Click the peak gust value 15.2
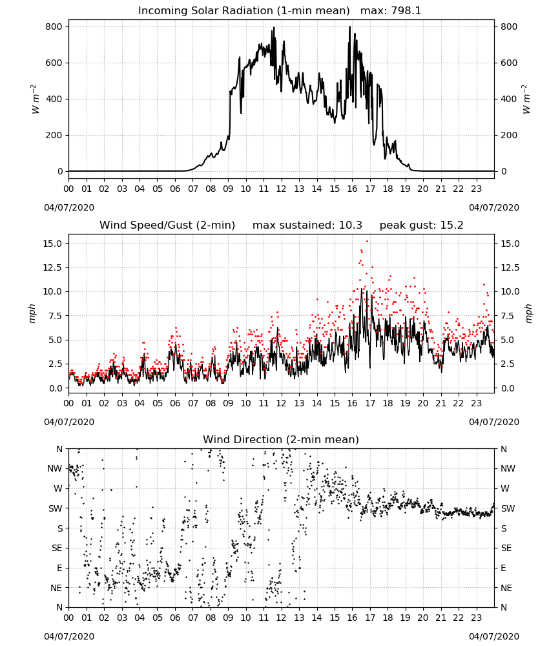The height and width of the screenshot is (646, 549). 452,225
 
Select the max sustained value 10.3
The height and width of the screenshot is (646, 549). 351,225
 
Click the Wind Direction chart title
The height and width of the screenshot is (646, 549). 281,439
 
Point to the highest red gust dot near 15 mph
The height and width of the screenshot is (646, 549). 367,242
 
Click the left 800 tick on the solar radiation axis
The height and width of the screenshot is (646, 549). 54,26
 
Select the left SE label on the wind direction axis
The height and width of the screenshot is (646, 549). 57,548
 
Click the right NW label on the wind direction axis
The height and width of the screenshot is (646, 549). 508,468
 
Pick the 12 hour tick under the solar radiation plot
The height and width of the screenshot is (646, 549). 282,189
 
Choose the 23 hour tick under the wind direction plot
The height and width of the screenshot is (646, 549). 477,618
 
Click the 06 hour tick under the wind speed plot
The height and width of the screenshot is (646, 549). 175,403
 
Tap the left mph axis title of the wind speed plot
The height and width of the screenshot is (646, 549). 32,313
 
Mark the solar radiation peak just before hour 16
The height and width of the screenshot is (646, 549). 349,26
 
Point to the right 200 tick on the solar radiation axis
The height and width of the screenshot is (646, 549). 509,135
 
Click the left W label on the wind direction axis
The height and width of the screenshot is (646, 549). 59,488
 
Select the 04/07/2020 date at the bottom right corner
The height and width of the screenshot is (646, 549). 494,636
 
